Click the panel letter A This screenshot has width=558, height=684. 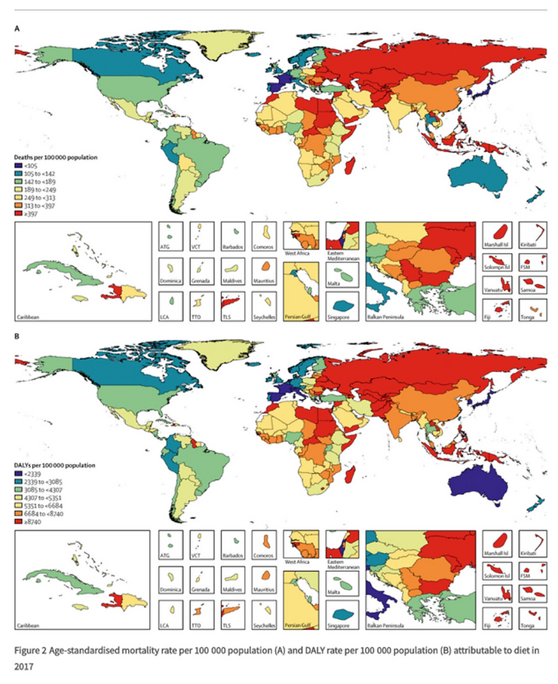[x=17, y=28]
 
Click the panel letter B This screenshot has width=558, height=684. [x=17, y=336]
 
